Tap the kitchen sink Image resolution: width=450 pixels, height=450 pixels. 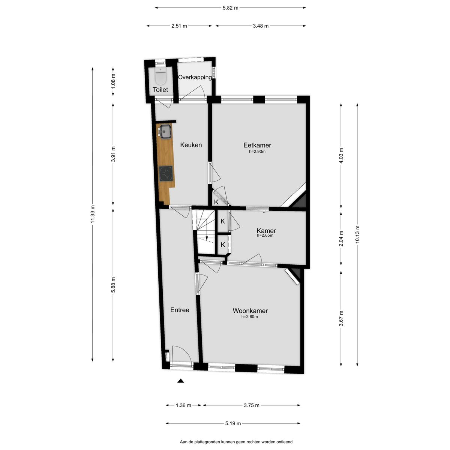(x=165, y=131)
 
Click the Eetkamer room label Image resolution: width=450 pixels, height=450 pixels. (x=257, y=145)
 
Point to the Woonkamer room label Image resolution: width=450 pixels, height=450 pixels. (x=250, y=310)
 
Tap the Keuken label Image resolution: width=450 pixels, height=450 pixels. (x=191, y=145)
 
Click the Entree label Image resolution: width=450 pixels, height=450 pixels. (x=180, y=310)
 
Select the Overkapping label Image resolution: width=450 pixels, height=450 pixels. (x=195, y=77)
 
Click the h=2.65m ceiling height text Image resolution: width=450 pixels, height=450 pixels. (x=265, y=236)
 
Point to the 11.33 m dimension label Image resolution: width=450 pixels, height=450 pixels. (x=93, y=214)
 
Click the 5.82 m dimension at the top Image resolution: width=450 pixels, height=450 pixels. (x=230, y=7)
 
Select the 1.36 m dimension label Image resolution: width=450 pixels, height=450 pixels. (x=183, y=405)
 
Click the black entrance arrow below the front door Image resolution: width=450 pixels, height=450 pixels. (x=181, y=381)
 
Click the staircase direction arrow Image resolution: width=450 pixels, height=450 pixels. (x=207, y=236)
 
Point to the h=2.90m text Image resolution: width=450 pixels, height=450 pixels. (x=257, y=152)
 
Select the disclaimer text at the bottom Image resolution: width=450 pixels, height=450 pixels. (x=236, y=442)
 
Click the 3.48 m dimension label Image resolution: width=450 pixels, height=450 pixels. (x=261, y=26)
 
